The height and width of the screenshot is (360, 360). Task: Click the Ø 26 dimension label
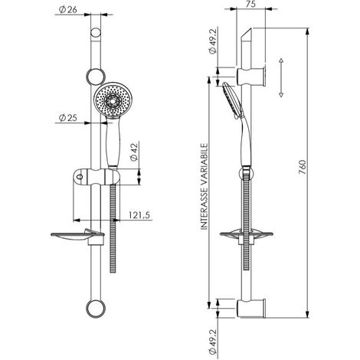(67, 10)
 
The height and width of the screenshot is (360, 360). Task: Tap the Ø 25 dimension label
(67, 118)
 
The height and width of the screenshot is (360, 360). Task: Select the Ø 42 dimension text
(134, 152)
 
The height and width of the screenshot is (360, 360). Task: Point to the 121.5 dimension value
(139, 215)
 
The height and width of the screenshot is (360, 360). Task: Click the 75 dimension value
(251, 4)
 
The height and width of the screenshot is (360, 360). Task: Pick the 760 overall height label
(302, 167)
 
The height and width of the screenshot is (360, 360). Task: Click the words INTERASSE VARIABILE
(205, 187)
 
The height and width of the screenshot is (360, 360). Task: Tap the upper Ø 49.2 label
(212, 41)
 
